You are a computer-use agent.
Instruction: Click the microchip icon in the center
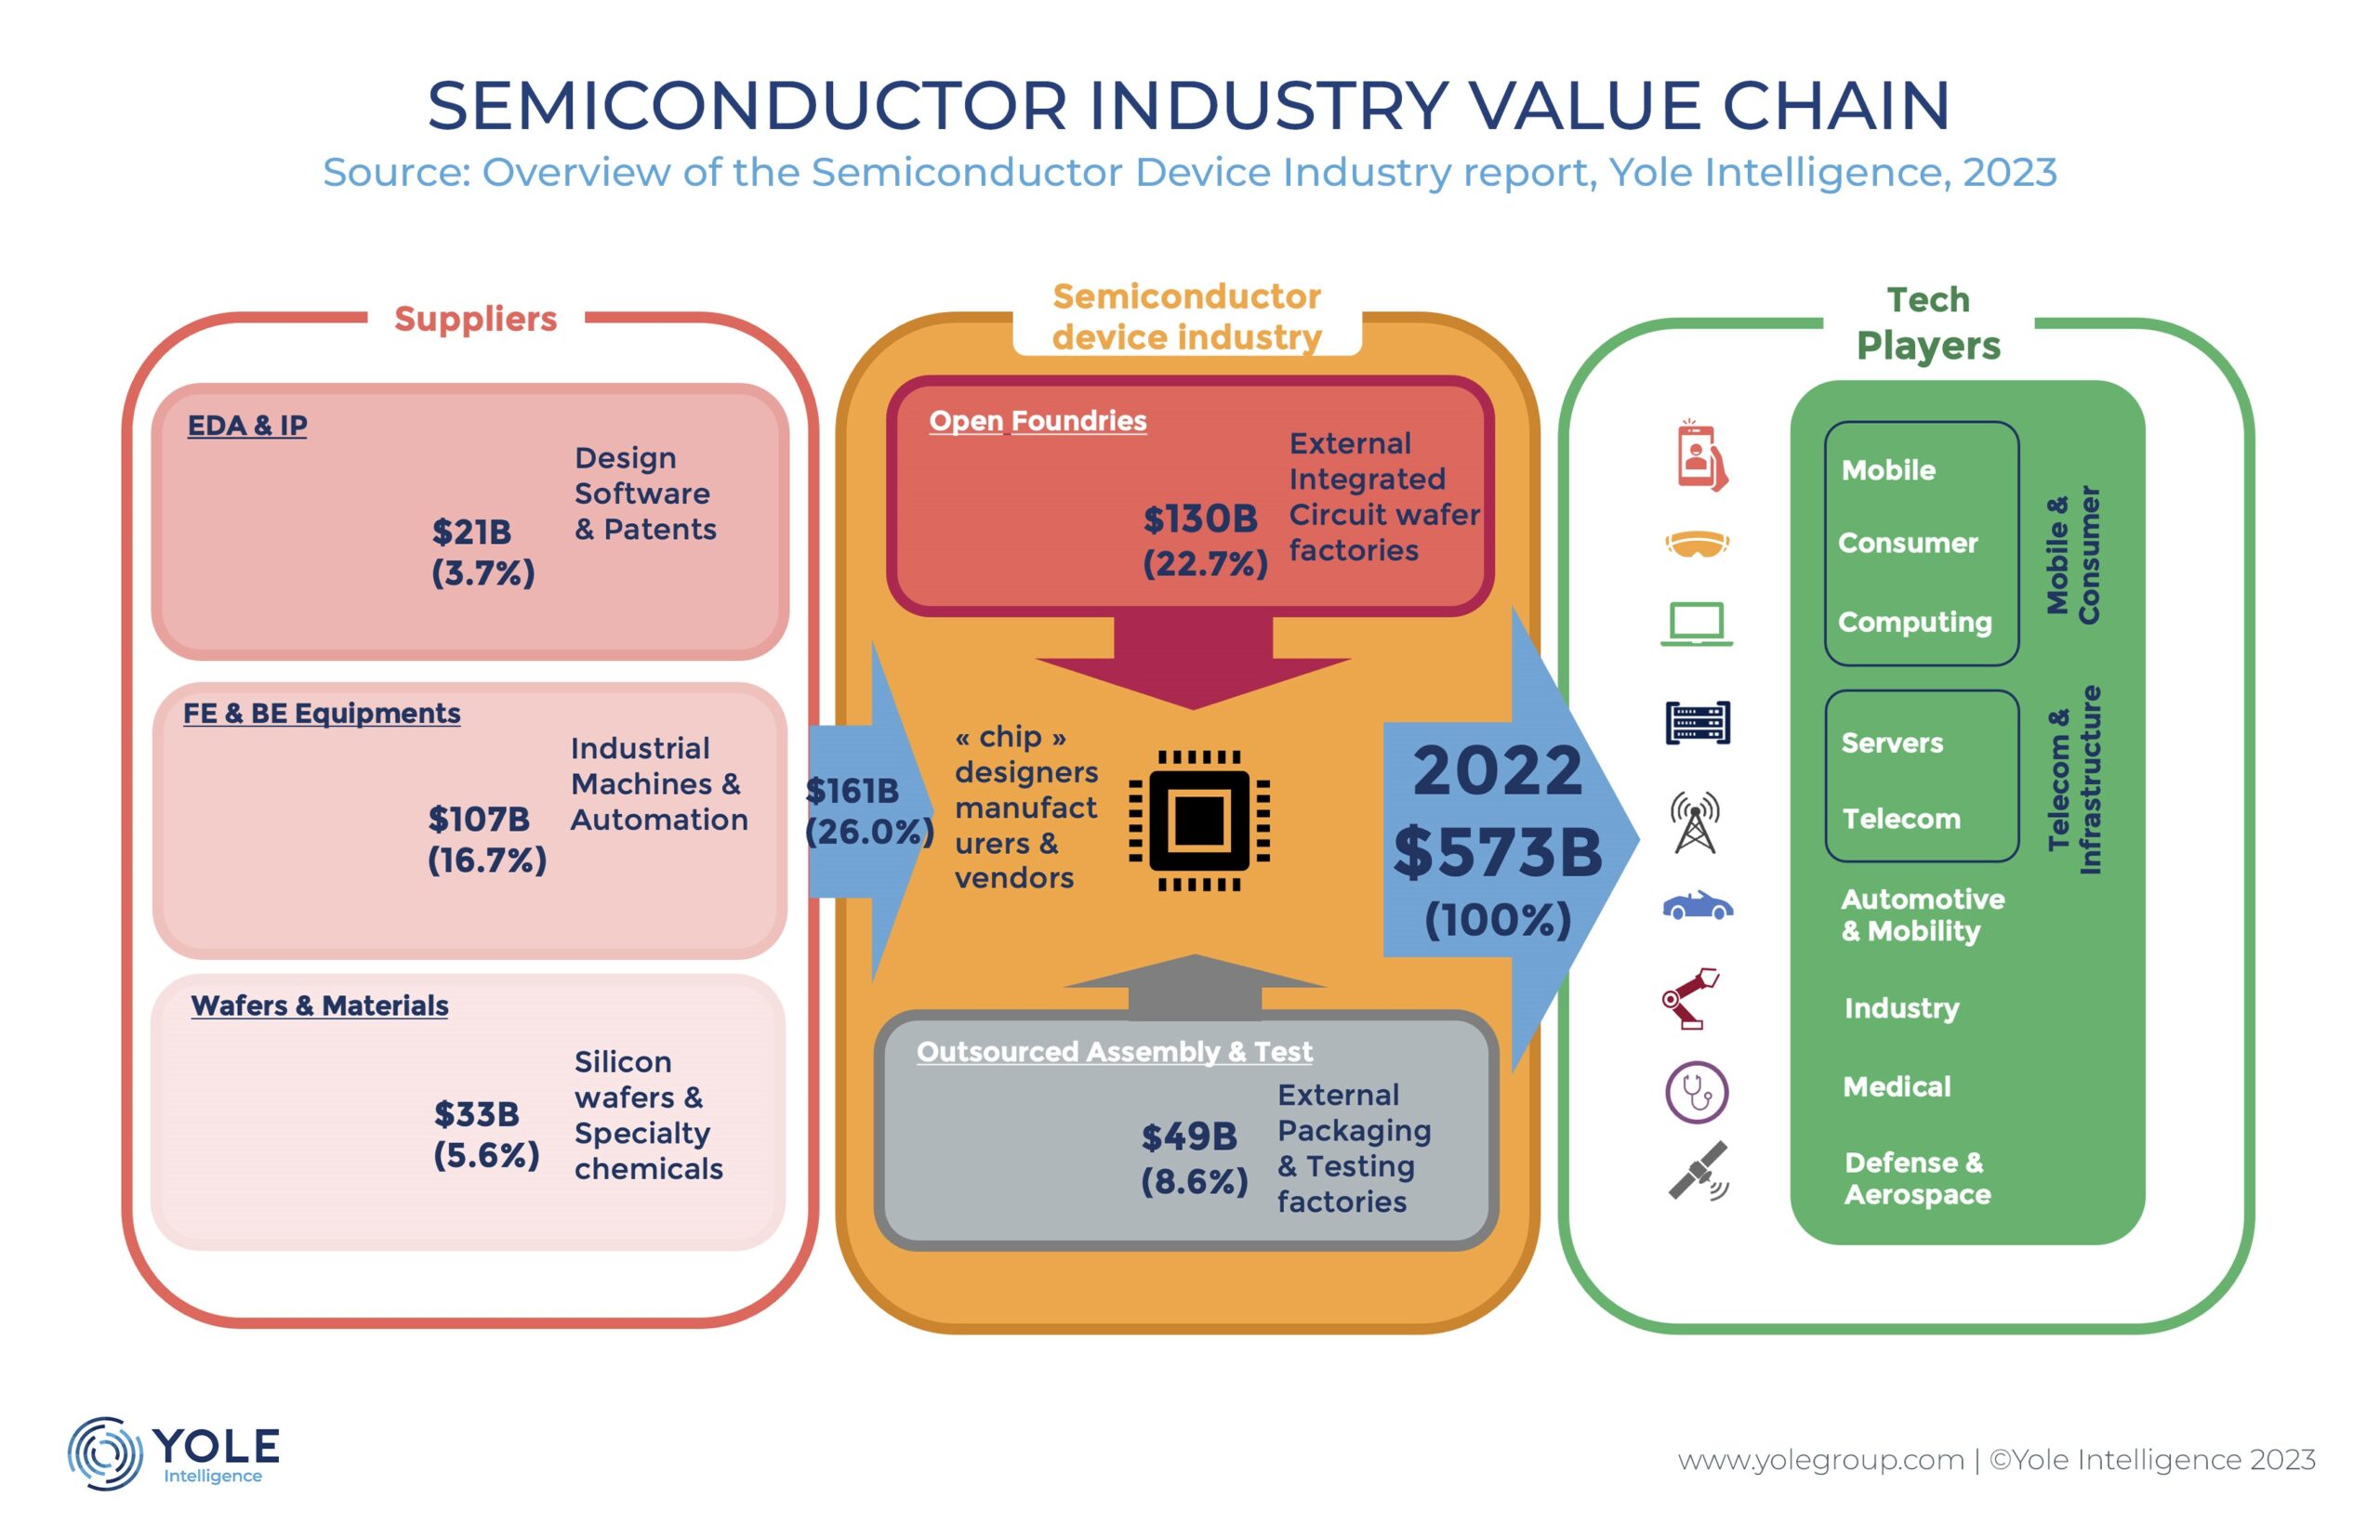(1199, 821)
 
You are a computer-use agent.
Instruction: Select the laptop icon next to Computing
(1696, 624)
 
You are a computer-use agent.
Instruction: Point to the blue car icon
(1698, 905)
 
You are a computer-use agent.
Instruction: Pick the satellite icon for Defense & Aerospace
(1699, 1171)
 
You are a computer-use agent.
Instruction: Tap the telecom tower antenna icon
(1695, 821)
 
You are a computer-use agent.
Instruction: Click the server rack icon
(1698, 723)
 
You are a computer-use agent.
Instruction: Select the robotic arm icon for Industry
(1691, 997)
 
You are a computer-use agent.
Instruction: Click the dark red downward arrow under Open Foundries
(1193, 663)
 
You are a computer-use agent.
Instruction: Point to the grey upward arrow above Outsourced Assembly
(1195, 986)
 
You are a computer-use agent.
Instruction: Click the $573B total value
(1498, 852)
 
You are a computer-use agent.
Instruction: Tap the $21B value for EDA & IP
(471, 532)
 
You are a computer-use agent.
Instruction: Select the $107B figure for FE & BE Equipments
(479, 820)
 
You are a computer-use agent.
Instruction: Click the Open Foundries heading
(1038, 421)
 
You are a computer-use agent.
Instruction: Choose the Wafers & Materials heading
(320, 1005)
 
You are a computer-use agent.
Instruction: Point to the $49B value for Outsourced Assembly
(1189, 1136)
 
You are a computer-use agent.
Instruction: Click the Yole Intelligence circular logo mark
(105, 1453)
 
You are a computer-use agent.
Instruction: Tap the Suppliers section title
(475, 319)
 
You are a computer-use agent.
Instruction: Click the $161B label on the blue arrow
(852, 792)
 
